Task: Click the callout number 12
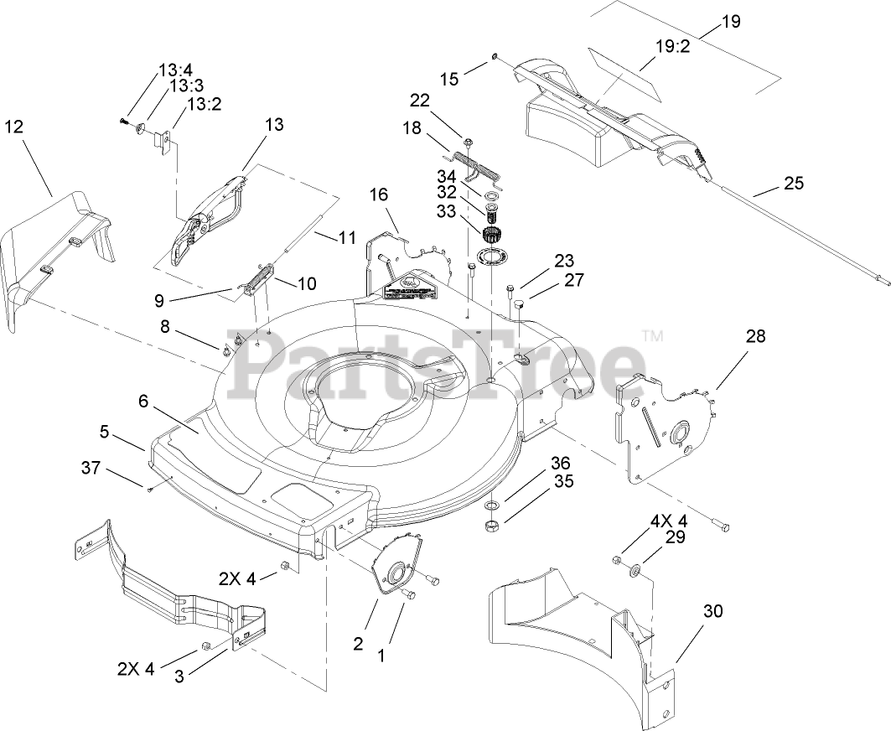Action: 14,127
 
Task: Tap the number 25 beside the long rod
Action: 794,184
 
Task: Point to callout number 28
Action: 755,336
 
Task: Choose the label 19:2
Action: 671,48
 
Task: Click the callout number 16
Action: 379,195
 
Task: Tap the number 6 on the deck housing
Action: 143,402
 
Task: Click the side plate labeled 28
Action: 662,428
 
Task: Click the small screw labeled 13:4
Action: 125,122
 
